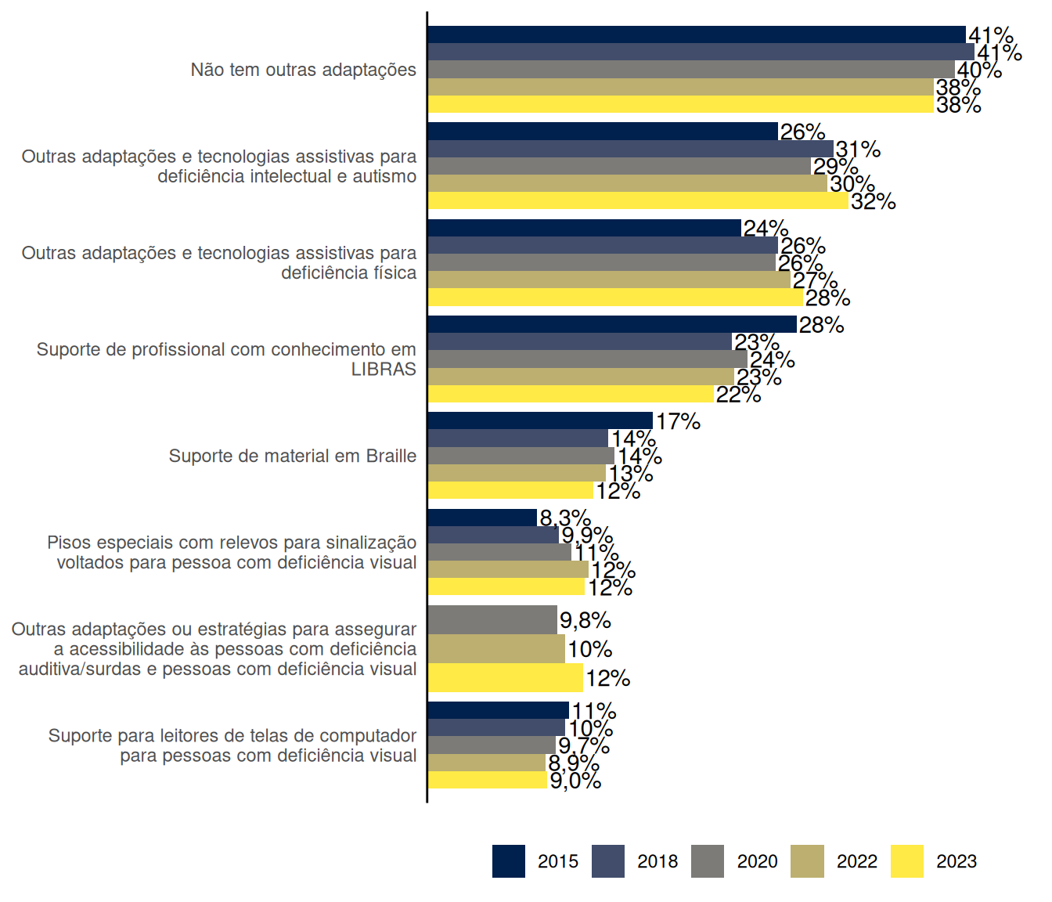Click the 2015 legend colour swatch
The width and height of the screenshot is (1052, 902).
(508, 861)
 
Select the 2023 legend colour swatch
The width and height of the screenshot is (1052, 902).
(906, 861)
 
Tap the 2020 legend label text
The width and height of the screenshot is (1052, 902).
(757, 861)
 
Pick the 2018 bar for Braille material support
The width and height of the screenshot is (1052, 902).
(517, 438)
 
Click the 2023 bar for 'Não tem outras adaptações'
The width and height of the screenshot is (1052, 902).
(680, 104)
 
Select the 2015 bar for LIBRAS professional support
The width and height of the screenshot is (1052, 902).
(611, 324)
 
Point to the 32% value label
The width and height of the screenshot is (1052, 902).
(873, 202)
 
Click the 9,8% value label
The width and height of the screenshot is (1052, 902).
(585, 621)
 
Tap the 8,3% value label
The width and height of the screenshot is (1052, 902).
(564, 518)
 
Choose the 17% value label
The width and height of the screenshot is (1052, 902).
(678, 421)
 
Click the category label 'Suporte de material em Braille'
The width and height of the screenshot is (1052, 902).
(292, 456)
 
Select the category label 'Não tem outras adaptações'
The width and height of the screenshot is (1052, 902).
(303, 70)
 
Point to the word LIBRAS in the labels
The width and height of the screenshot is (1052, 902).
(384, 370)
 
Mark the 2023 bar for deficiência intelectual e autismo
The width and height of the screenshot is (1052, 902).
(637, 200)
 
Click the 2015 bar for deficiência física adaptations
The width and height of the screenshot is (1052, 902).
(584, 228)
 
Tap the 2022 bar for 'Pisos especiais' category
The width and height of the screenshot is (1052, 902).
(507, 569)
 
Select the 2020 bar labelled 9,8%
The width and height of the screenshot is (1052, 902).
(492, 619)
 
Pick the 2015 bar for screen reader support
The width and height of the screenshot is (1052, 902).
(498, 710)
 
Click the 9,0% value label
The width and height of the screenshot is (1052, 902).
(575, 781)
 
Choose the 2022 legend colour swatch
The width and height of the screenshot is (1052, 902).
(807, 861)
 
